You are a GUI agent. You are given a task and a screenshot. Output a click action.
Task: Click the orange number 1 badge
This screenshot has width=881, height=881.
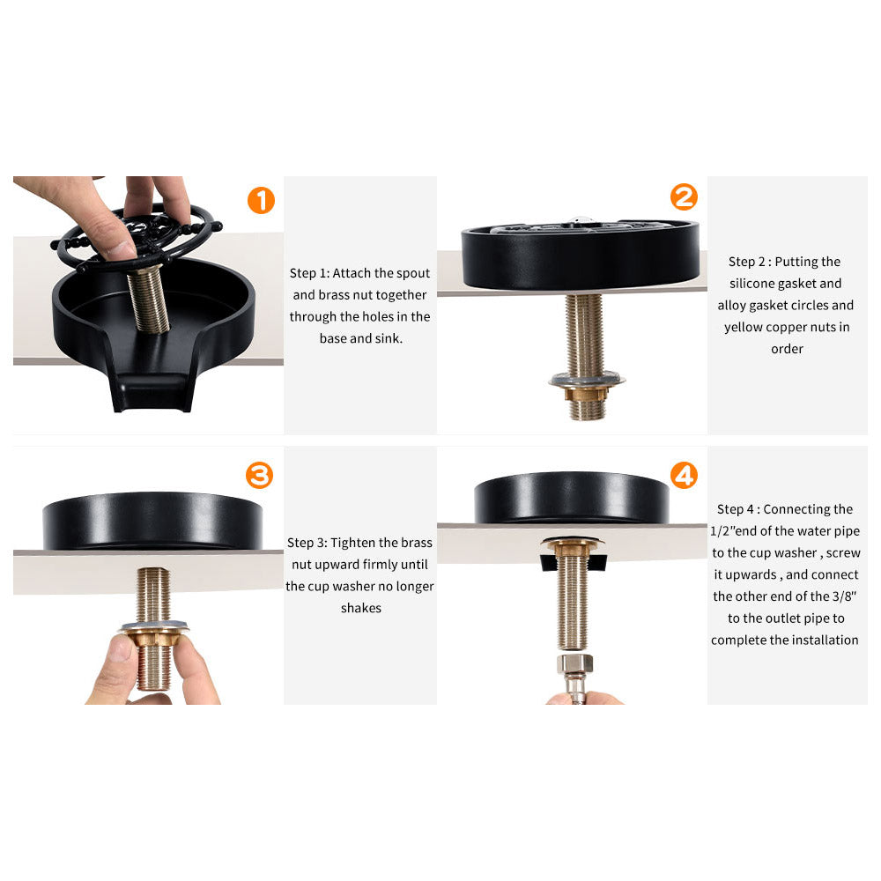pyautogui.click(x=261, y=201)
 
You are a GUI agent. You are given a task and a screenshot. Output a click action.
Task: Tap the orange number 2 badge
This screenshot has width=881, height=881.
pyautogui.click(x=684, y=197)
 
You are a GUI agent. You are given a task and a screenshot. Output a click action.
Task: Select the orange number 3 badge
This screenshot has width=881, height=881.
pyautogui.click(x=259, y=477)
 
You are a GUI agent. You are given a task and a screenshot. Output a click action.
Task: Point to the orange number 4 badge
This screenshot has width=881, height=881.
pyautogui.click(x=684, y=476)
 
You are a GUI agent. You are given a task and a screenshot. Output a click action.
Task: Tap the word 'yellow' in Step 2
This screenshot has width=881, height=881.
pyautogui.click(x=746, y=327)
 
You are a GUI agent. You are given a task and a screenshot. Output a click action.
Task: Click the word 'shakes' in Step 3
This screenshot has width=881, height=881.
pyautogui.click(x=360, y=608)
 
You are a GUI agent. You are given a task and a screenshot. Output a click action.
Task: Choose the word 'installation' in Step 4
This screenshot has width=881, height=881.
pyautogui.click(x=823, y=640)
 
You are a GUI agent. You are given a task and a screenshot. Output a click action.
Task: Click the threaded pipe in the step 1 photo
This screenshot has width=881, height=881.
pyautogui.click(x=150, y=300)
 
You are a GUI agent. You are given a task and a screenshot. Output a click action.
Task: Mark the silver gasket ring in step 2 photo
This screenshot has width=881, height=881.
pyautogui.click(x=586, y=381)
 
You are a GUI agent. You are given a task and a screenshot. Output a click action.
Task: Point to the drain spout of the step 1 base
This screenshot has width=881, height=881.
pyautogui.click(x=152, y=388)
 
